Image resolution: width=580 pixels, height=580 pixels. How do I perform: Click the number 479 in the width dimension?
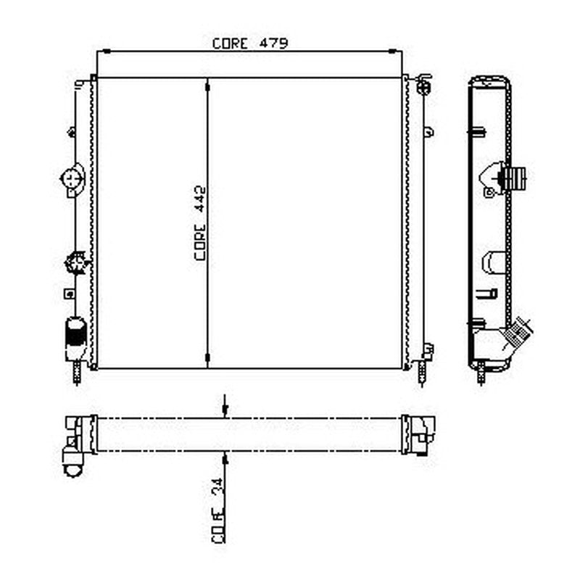click(273, 43)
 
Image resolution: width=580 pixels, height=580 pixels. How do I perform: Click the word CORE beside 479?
click(230, 43)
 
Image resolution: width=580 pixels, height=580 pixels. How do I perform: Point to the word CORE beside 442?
click(200, 242)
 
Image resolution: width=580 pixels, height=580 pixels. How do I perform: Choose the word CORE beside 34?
click(218, 525)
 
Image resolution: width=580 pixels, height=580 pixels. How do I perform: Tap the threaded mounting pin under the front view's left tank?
click(78, 373)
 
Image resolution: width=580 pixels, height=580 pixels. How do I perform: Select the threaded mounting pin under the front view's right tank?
click(422, 373)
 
